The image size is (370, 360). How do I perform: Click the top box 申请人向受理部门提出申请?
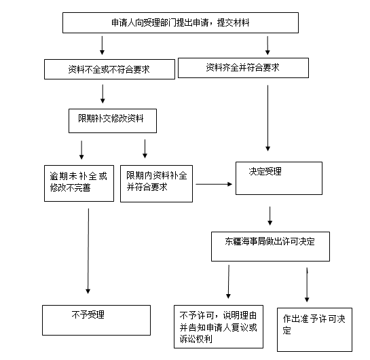pos(181,22)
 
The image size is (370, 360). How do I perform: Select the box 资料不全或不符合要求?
pos(109,69)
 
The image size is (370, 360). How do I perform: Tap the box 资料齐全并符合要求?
pos(243,68)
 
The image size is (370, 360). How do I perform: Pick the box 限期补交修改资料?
pos(113,121)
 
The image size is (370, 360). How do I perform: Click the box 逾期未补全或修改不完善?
pos(79,183)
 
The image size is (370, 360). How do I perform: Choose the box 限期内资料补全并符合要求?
pos(156,183)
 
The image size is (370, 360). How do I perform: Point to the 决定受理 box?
pos(279,178)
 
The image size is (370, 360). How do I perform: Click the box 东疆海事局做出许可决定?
pos(270,247)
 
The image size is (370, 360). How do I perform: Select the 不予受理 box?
pos(96,320)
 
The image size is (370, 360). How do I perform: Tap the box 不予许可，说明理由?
pos(219,327)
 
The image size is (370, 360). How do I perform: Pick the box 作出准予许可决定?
pos(314,329)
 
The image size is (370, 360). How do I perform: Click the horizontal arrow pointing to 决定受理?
pos(214,184)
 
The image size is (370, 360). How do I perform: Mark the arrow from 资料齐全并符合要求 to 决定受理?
pos(267,118)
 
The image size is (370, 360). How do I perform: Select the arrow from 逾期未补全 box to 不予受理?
pos(88,251)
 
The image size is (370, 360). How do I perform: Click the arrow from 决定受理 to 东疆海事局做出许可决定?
pos(270,216)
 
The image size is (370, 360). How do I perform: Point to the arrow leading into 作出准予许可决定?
pos(307,285)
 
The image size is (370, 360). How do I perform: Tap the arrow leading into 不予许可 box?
pos(228,282)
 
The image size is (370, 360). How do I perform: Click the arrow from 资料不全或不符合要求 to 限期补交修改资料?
pos(103,94)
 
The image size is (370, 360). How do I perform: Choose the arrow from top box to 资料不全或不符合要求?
pos(103,46)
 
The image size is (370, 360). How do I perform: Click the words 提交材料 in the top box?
pos(233,22)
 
